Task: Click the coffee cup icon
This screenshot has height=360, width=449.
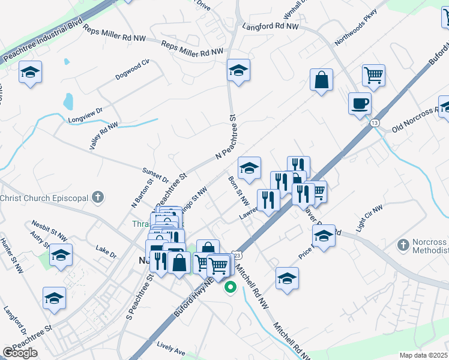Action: tap(360, 103)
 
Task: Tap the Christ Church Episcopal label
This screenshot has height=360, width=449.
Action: tap(45, 198)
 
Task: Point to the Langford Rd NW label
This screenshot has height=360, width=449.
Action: tap(270, 26)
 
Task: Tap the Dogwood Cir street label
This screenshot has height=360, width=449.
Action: tap(132, 70)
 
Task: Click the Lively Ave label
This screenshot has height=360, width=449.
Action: tap(171, 348)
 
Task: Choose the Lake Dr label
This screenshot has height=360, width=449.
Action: tap(105, 251)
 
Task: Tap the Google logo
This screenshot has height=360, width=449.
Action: tap(20, 353)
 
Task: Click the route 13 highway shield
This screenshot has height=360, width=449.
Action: tap(375, 122)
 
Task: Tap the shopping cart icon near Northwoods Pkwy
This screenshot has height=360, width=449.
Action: tap(373, 76)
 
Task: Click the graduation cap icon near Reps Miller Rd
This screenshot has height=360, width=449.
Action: tap(238, 70)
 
